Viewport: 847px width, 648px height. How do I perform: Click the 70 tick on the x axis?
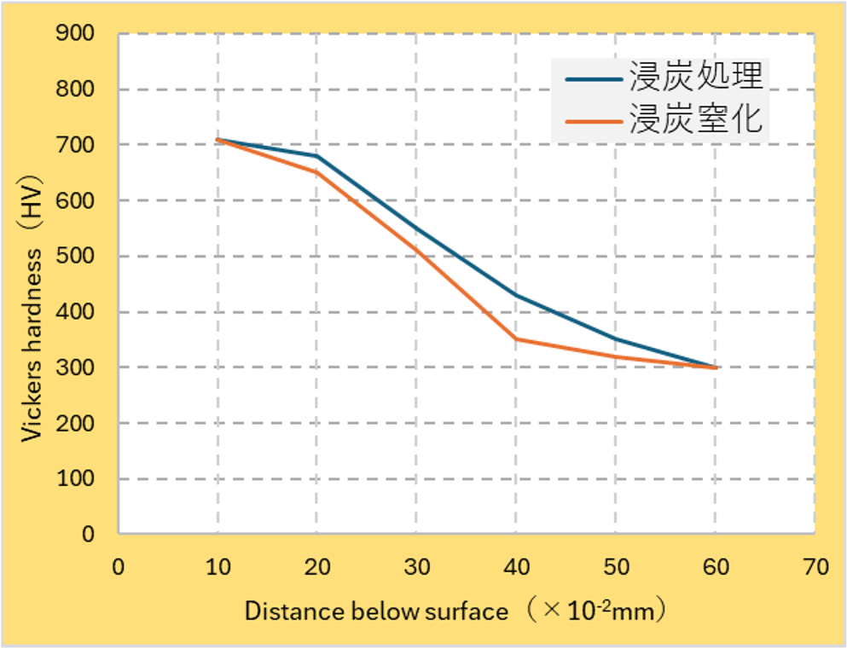815,566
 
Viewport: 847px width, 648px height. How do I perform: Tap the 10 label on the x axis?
218,566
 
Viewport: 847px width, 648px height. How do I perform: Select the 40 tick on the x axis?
516,566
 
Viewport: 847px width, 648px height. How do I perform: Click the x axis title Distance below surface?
376,610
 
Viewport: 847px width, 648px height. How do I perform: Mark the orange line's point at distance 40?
516,339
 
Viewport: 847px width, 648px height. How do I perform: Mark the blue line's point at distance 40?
516,295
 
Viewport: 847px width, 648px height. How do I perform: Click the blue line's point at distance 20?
317,156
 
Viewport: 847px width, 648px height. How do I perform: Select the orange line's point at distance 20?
317,172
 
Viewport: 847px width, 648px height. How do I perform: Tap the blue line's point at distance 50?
616,339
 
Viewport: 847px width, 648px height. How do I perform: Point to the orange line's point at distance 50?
616,356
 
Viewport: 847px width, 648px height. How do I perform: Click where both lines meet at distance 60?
716,367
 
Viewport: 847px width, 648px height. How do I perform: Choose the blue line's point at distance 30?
417,229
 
